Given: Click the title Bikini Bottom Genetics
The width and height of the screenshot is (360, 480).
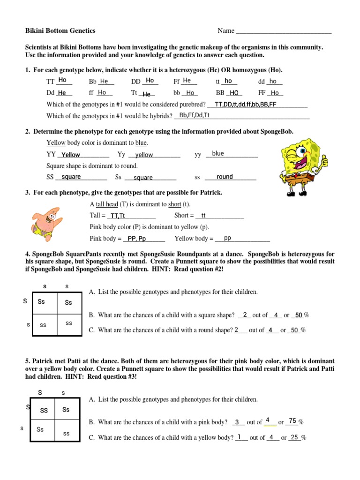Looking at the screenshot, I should pyautogui.click(x=60, y=31).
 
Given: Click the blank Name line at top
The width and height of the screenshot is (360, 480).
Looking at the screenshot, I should pyautogui.click(x=284, y=32).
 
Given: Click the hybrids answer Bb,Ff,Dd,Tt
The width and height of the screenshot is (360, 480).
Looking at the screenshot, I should pyautogui.click(x=194, y=115).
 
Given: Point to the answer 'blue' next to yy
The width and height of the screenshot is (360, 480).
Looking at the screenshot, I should pyautogui.click(x=218, y=154).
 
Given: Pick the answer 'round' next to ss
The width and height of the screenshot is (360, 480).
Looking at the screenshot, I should pyautogui.click(x=225, y=177).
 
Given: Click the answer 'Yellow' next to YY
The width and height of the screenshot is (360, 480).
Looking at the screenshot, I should pyautogui.click(x=71, y=155).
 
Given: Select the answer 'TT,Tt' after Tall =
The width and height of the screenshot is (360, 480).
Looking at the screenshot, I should pyautogui.click(x=116, y=216).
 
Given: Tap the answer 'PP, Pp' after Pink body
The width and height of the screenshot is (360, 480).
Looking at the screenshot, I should pyautogui.click(x=137, y=239).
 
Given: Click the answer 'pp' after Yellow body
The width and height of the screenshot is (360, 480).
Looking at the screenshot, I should pyautogui.click(x=228, y=238).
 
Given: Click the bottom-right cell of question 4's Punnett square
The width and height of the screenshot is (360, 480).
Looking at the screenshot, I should pyautogui.click(x=69, y=323).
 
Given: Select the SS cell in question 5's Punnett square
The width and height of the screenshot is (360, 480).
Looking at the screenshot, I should pyautogui.click(x=44, y=411).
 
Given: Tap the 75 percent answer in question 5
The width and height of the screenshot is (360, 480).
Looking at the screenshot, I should pyautogui.click(x=292, y=421).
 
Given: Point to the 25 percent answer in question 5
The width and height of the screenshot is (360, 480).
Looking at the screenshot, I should pyautogui.click(x=294, y=438).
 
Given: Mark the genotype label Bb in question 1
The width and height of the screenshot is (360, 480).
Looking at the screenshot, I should pyautogui.click(x=92, y=82).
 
